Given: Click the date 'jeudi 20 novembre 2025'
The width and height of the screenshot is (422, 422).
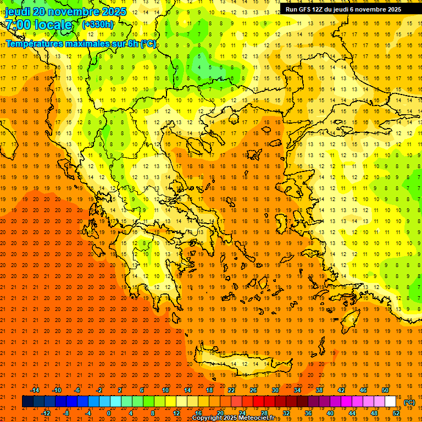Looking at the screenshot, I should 65,12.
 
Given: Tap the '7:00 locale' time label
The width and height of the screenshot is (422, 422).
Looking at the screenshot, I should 38,25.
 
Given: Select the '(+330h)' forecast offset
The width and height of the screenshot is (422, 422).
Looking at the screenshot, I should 98,25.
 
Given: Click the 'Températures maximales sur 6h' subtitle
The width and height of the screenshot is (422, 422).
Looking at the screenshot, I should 80,43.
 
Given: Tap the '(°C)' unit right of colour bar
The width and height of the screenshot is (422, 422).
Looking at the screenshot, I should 409,402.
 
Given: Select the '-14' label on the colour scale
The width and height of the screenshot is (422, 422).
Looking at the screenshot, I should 35,390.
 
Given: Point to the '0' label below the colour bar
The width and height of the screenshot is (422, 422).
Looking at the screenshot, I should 108,413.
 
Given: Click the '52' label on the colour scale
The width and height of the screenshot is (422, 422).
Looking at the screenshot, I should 396,413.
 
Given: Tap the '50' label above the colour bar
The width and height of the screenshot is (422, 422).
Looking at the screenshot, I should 385,390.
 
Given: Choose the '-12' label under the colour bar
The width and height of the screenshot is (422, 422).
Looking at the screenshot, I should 46,413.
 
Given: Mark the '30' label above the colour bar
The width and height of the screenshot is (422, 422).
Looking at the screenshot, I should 275,390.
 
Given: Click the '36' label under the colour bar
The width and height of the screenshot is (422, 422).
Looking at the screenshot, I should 308,413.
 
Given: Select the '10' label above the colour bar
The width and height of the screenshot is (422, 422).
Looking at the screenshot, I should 165,390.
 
